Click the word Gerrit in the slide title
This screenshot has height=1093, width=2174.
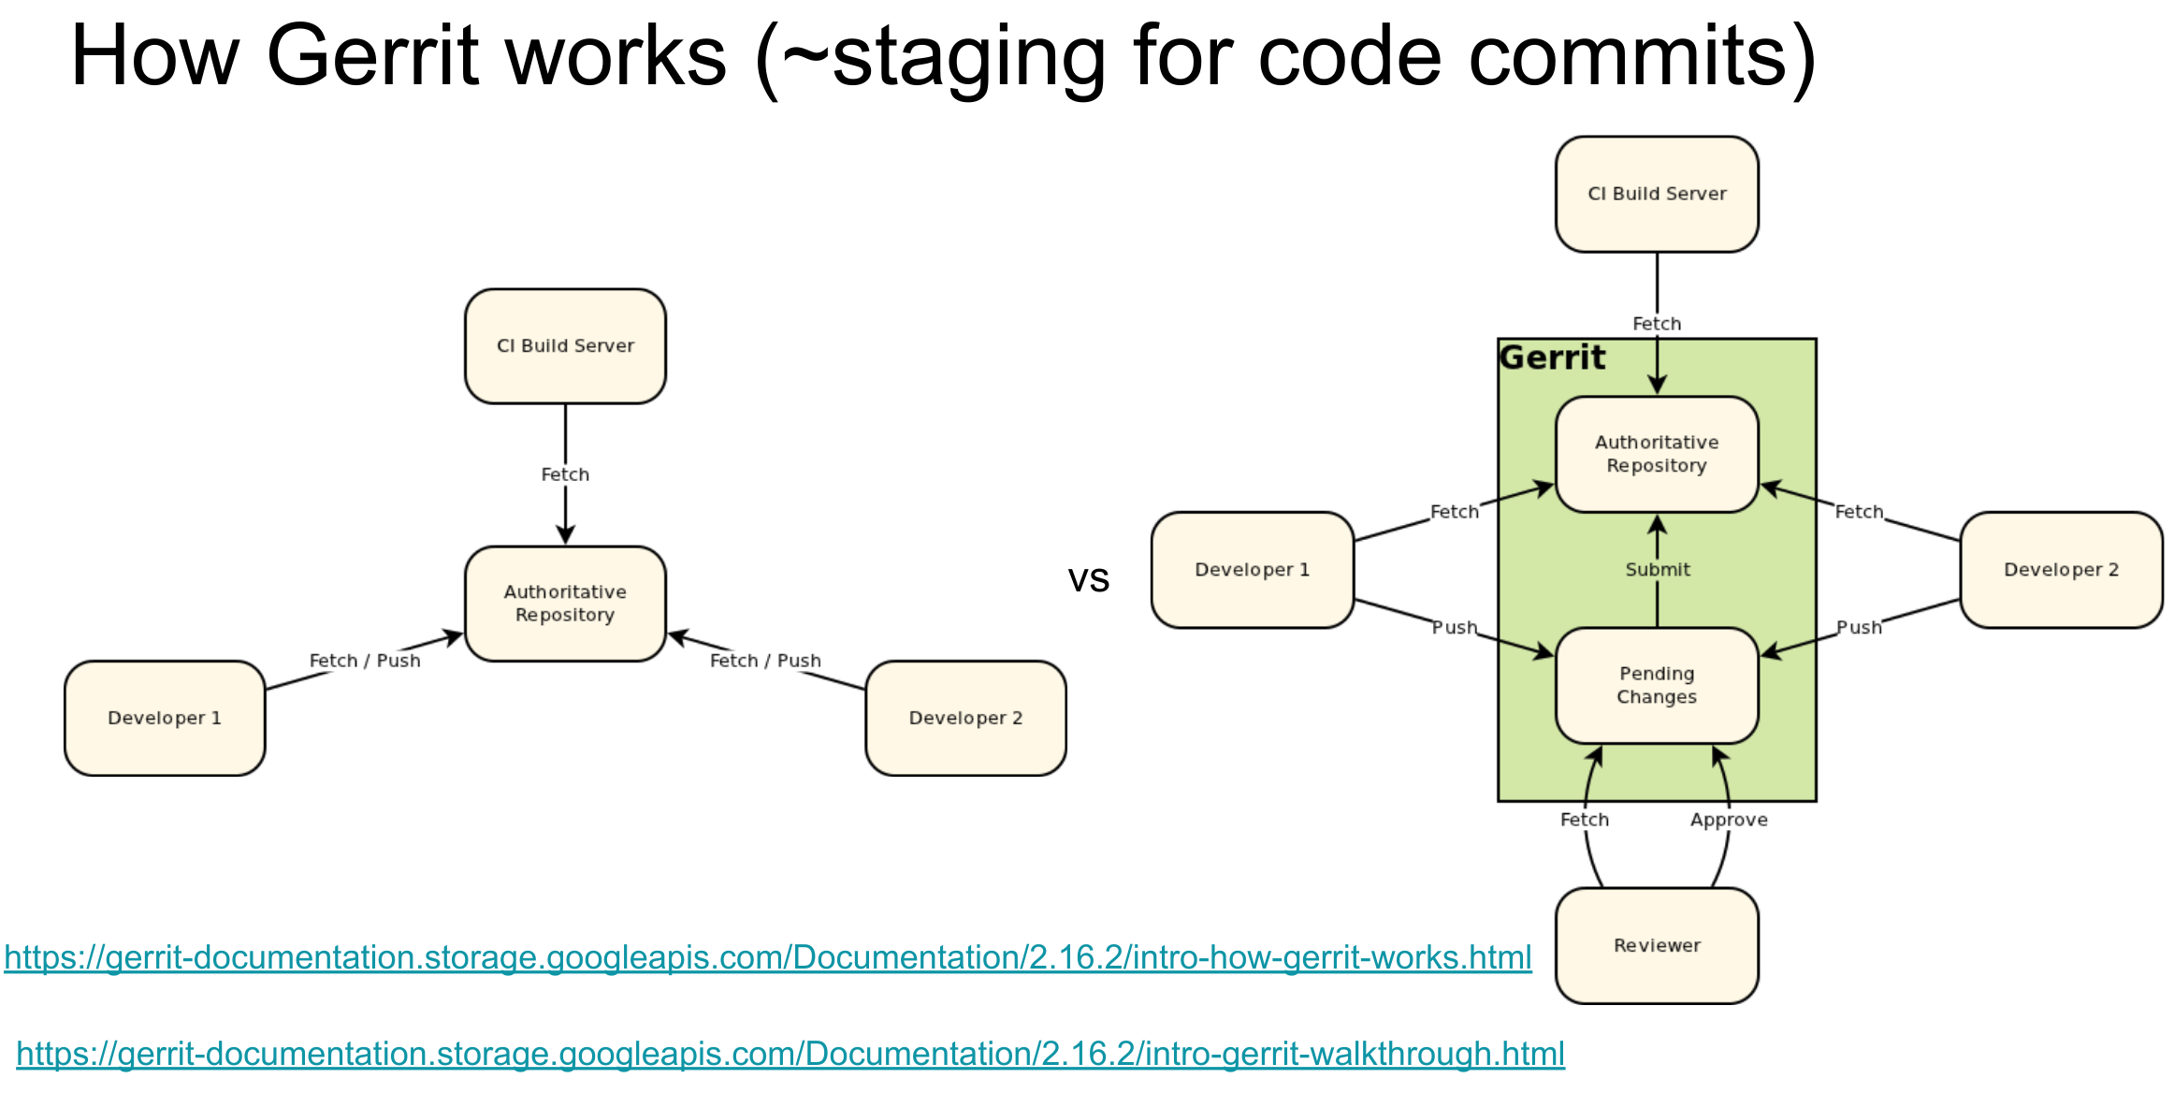pyautogui.click(x=374, y=56)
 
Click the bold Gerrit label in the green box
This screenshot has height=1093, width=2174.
pyautogui.click(x=1553, y=357)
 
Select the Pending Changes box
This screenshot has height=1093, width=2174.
pyautogui.click(x=1657, y=685)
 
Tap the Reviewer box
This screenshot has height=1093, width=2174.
pyautogui.click(x=1657, y=945)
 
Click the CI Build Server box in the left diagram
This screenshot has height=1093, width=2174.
pyautogui.click(x=565, y=346)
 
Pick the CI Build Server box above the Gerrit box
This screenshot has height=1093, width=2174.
pyautogui.click(x=1657, y=194)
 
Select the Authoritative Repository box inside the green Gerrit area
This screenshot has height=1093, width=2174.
pyautogui.click(x=1657, y=454)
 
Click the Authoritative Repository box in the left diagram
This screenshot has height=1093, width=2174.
pyautogui.click(x=565, y=604)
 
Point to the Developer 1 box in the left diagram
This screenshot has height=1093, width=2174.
pyautogui.click(x=165, y=718)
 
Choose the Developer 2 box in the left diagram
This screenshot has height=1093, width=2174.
pyautogui.click(x=965, y=718)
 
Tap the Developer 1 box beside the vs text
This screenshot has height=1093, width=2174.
pyautogui.click(x=1253, y=569)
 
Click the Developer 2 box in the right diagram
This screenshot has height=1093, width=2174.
pyautogui.click(x=2061, y=569)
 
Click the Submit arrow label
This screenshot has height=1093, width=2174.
pyautogui.click(x=1658, y=569)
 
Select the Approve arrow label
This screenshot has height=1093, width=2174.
pyautogui.click(x=1729, y=820)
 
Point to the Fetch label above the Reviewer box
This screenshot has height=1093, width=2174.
pyautogui.click(x=1585, y=820)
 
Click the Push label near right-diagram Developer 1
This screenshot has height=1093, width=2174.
pyautogui.click(x=1455, y=627)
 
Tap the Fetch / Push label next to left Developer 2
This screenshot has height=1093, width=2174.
pyautogui.click(x=765, y=661)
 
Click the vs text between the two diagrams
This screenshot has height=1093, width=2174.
pyautogui.click(x=1089, y=579)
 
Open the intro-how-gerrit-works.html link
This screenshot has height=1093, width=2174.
pyautogui.click(x=768, y=957)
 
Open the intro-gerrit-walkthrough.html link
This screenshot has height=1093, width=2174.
pyautogui.click(x=790, y=1054)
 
